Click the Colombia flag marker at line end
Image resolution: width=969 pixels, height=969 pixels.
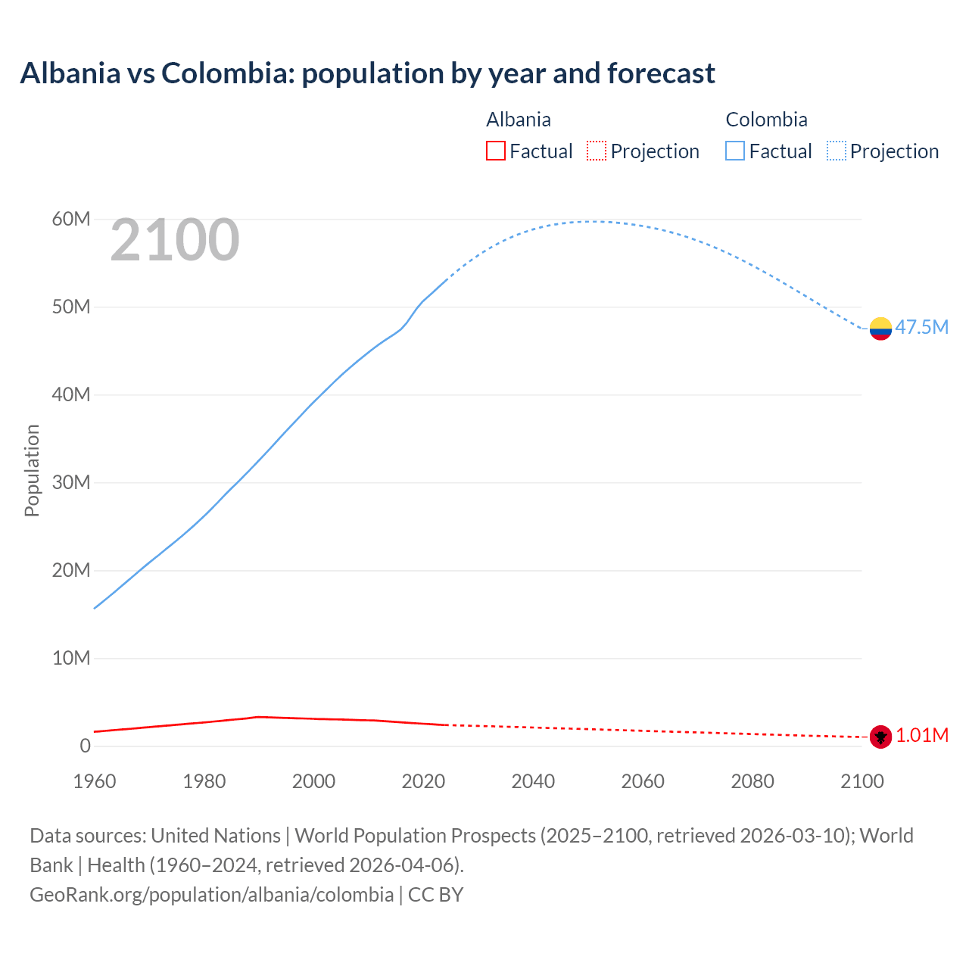[880, 329]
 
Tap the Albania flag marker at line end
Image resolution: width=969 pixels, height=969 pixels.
[880, 736]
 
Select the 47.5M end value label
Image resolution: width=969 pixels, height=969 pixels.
[921, 327]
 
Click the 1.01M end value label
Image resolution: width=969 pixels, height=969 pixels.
[922, 736]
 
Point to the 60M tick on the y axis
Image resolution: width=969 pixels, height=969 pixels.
[71, 220]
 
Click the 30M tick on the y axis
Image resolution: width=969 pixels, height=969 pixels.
[71, 483]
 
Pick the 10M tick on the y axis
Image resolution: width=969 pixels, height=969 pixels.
[71, 659]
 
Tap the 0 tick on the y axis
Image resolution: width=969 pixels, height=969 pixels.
[85, 746]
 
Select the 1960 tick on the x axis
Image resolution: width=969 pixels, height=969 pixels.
[95, 781]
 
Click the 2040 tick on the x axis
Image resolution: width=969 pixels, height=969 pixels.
[533, 781]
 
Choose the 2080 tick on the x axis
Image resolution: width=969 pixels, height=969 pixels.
[752, 781]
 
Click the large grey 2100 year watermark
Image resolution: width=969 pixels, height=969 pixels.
[175, 240]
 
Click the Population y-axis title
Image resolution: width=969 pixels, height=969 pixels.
[32, 471]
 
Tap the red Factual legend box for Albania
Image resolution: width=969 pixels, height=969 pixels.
[495, 151]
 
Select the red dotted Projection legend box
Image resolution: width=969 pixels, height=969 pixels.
[597, 151]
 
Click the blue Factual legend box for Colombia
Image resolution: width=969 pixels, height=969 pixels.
[735, 151]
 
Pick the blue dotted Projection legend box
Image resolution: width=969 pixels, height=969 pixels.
[836, 151]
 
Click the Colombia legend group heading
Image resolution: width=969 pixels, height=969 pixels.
[766, 120]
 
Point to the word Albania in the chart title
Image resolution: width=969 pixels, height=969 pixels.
[70, 73]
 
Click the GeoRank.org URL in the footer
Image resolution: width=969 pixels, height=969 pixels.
[211, 895]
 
